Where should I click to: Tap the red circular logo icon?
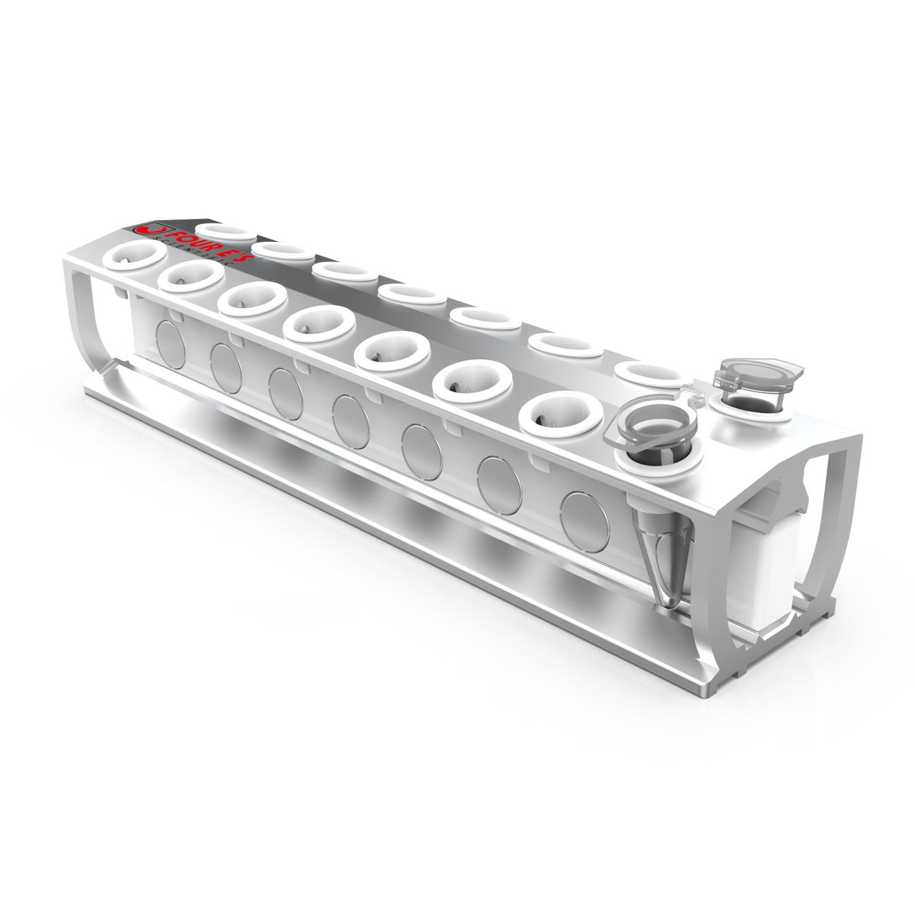point(144,229)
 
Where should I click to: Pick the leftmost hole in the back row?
point(222,230)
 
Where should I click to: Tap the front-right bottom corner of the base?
point(703,690)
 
